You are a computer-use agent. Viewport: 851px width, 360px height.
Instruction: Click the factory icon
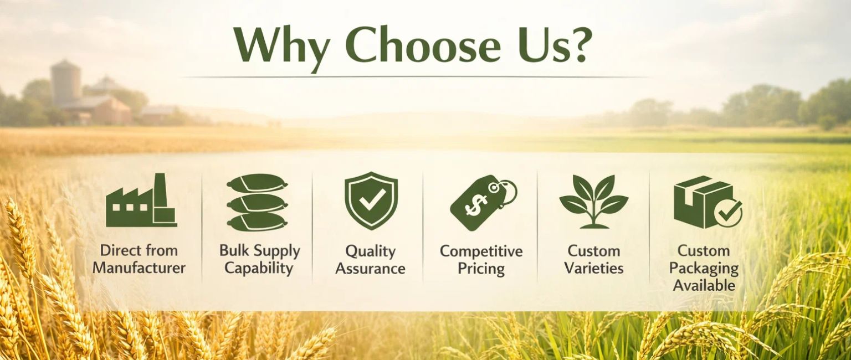coord(141,201)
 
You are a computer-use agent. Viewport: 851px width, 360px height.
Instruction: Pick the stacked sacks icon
coord(257,202)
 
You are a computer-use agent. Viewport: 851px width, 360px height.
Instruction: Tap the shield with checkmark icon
coord(371,200)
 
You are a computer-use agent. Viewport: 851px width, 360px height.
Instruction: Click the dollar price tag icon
coord(482,203)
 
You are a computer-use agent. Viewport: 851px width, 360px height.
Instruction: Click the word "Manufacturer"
coord(139,269)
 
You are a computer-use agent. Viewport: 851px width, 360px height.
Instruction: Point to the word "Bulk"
coord(234,250)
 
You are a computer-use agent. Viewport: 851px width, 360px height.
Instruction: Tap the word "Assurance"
coord(371,269)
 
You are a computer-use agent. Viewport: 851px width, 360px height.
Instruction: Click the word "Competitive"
coord(481,251)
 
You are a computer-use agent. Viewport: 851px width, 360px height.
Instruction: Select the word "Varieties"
coord(594,269)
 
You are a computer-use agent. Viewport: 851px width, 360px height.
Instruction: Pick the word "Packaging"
coord(704,269)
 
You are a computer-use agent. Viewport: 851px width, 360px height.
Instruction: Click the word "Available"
coord(704,286)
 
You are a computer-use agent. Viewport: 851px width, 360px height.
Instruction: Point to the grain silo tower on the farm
coord(65,83)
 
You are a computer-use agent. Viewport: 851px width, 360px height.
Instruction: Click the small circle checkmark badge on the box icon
coord(728,213)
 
